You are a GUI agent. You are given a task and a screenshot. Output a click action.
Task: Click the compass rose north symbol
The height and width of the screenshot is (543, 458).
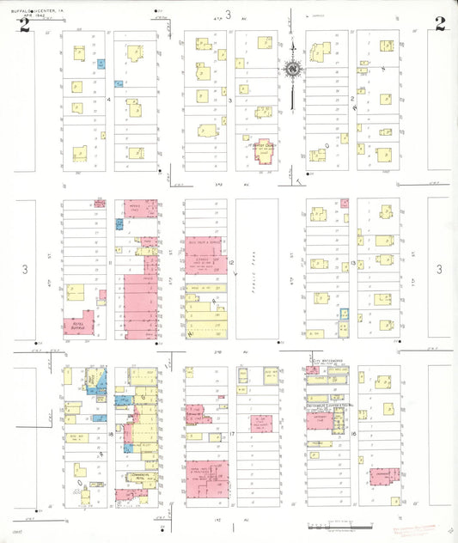pyautogui.click(x=293, y=69)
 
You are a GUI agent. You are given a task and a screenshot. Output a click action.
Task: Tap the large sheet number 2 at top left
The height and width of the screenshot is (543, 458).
pyautogui.click(x=25, y=24)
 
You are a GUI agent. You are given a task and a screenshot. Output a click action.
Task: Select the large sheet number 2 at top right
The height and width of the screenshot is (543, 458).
pyautogui.click(x=439, y=23)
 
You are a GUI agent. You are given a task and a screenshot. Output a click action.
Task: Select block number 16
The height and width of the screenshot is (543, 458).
pyautogui.click(x=353, y=435)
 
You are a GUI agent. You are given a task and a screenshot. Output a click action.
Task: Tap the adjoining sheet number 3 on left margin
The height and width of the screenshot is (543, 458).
pyautogui.click(x=25, y=270)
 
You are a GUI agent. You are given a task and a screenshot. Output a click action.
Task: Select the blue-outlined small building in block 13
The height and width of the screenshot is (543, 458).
pyautogui.click(x=344, y=317)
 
